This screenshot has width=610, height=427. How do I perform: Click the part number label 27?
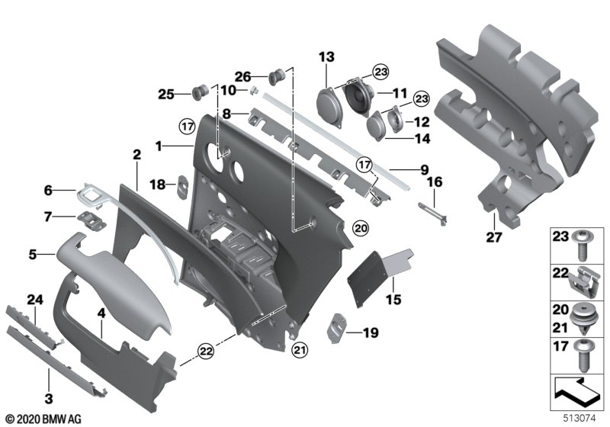(494, 237)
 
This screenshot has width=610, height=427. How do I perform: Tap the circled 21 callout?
(300, 350)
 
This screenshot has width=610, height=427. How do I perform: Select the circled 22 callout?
(206, 352)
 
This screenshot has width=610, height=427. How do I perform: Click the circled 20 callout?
(361, 228)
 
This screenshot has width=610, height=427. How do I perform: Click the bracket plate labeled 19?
(337, 328)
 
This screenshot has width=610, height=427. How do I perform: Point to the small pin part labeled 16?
(432, 213)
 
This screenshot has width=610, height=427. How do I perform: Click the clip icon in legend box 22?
(583, 283)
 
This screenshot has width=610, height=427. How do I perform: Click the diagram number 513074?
(579, 418)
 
